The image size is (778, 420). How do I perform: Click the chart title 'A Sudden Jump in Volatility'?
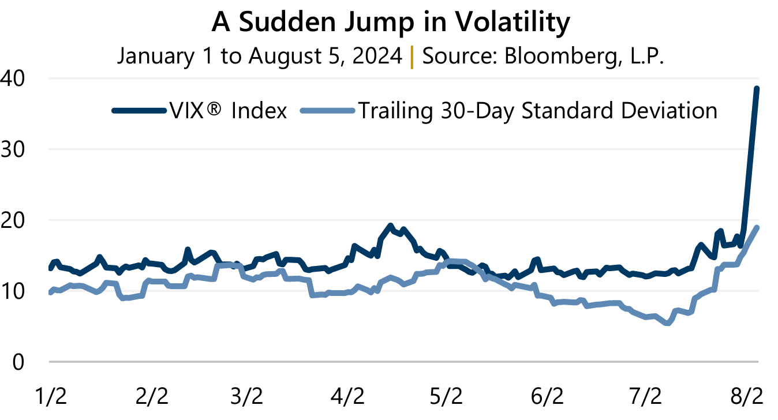(x=391, y=23)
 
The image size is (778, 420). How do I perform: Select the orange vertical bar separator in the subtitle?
(x=412, y=56)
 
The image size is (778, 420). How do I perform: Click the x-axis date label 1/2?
(x=53, y=397)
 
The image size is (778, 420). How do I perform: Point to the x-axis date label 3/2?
(x=246, y=397)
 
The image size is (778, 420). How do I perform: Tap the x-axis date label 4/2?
(x=347, y=397)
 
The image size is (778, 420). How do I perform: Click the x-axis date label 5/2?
(x=446, y=397)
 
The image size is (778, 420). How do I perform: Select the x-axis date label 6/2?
(x=547, y=397)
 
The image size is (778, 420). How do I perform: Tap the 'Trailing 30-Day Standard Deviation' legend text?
(x=537, y=110)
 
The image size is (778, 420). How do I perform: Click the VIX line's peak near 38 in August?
(x=757, y=88)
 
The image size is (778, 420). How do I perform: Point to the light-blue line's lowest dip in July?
(x=668, y=324)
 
